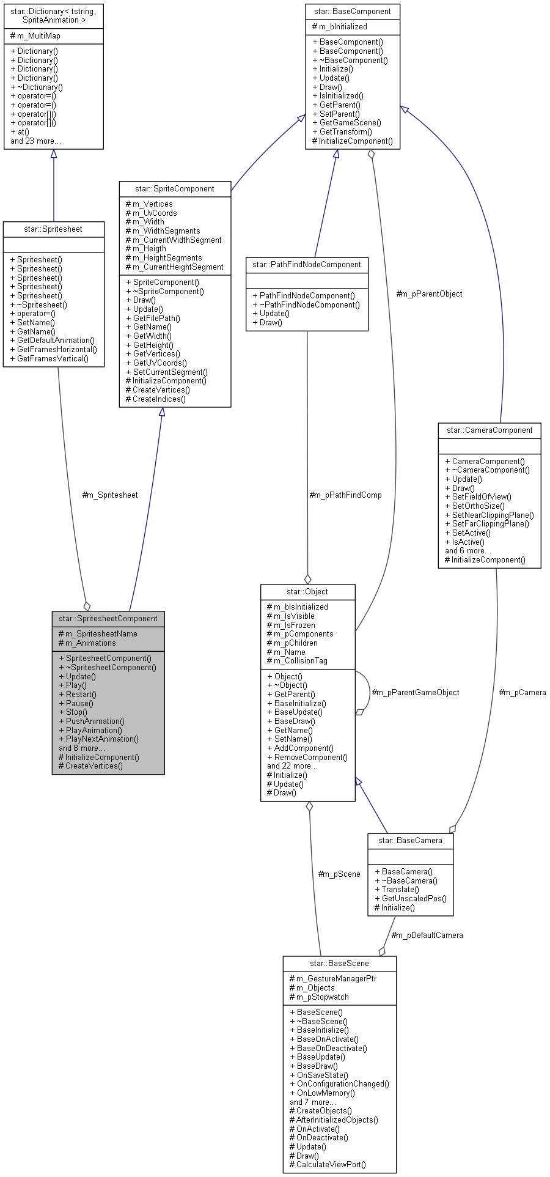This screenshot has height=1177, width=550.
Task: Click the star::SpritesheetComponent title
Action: (x=108, y=618)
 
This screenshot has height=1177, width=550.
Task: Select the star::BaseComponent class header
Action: (x=353, y=11)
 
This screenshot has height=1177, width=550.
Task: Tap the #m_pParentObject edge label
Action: (x=429, y=293)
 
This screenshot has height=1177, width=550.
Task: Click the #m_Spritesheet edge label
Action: (x=110, y=495)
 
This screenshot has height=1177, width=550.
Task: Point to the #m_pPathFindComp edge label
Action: (x=345, y=495)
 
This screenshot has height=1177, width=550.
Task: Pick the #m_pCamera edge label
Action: (x=522, y=692)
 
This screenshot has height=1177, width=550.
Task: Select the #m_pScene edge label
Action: (x=339, y=874)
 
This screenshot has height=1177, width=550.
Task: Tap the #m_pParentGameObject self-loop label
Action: (x=416, y=692)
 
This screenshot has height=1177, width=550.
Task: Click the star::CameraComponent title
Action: (x=490, y=430)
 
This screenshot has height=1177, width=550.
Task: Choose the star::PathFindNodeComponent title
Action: (x=307, y=264)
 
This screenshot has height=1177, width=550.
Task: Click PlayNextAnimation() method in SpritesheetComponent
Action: (x=102, y=739)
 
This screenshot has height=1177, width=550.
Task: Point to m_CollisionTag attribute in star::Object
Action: (x=300, y=660)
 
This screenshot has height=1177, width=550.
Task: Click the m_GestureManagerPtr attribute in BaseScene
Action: (x=336, y=978)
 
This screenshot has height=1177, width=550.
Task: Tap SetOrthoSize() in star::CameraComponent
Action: (x=478, y=506)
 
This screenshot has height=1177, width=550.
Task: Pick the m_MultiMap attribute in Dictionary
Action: (x=38, y=35)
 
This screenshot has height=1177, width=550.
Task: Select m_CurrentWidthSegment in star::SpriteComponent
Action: (x=177, y=240)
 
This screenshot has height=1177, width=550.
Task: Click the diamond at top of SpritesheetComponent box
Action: (x=87, y=606)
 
